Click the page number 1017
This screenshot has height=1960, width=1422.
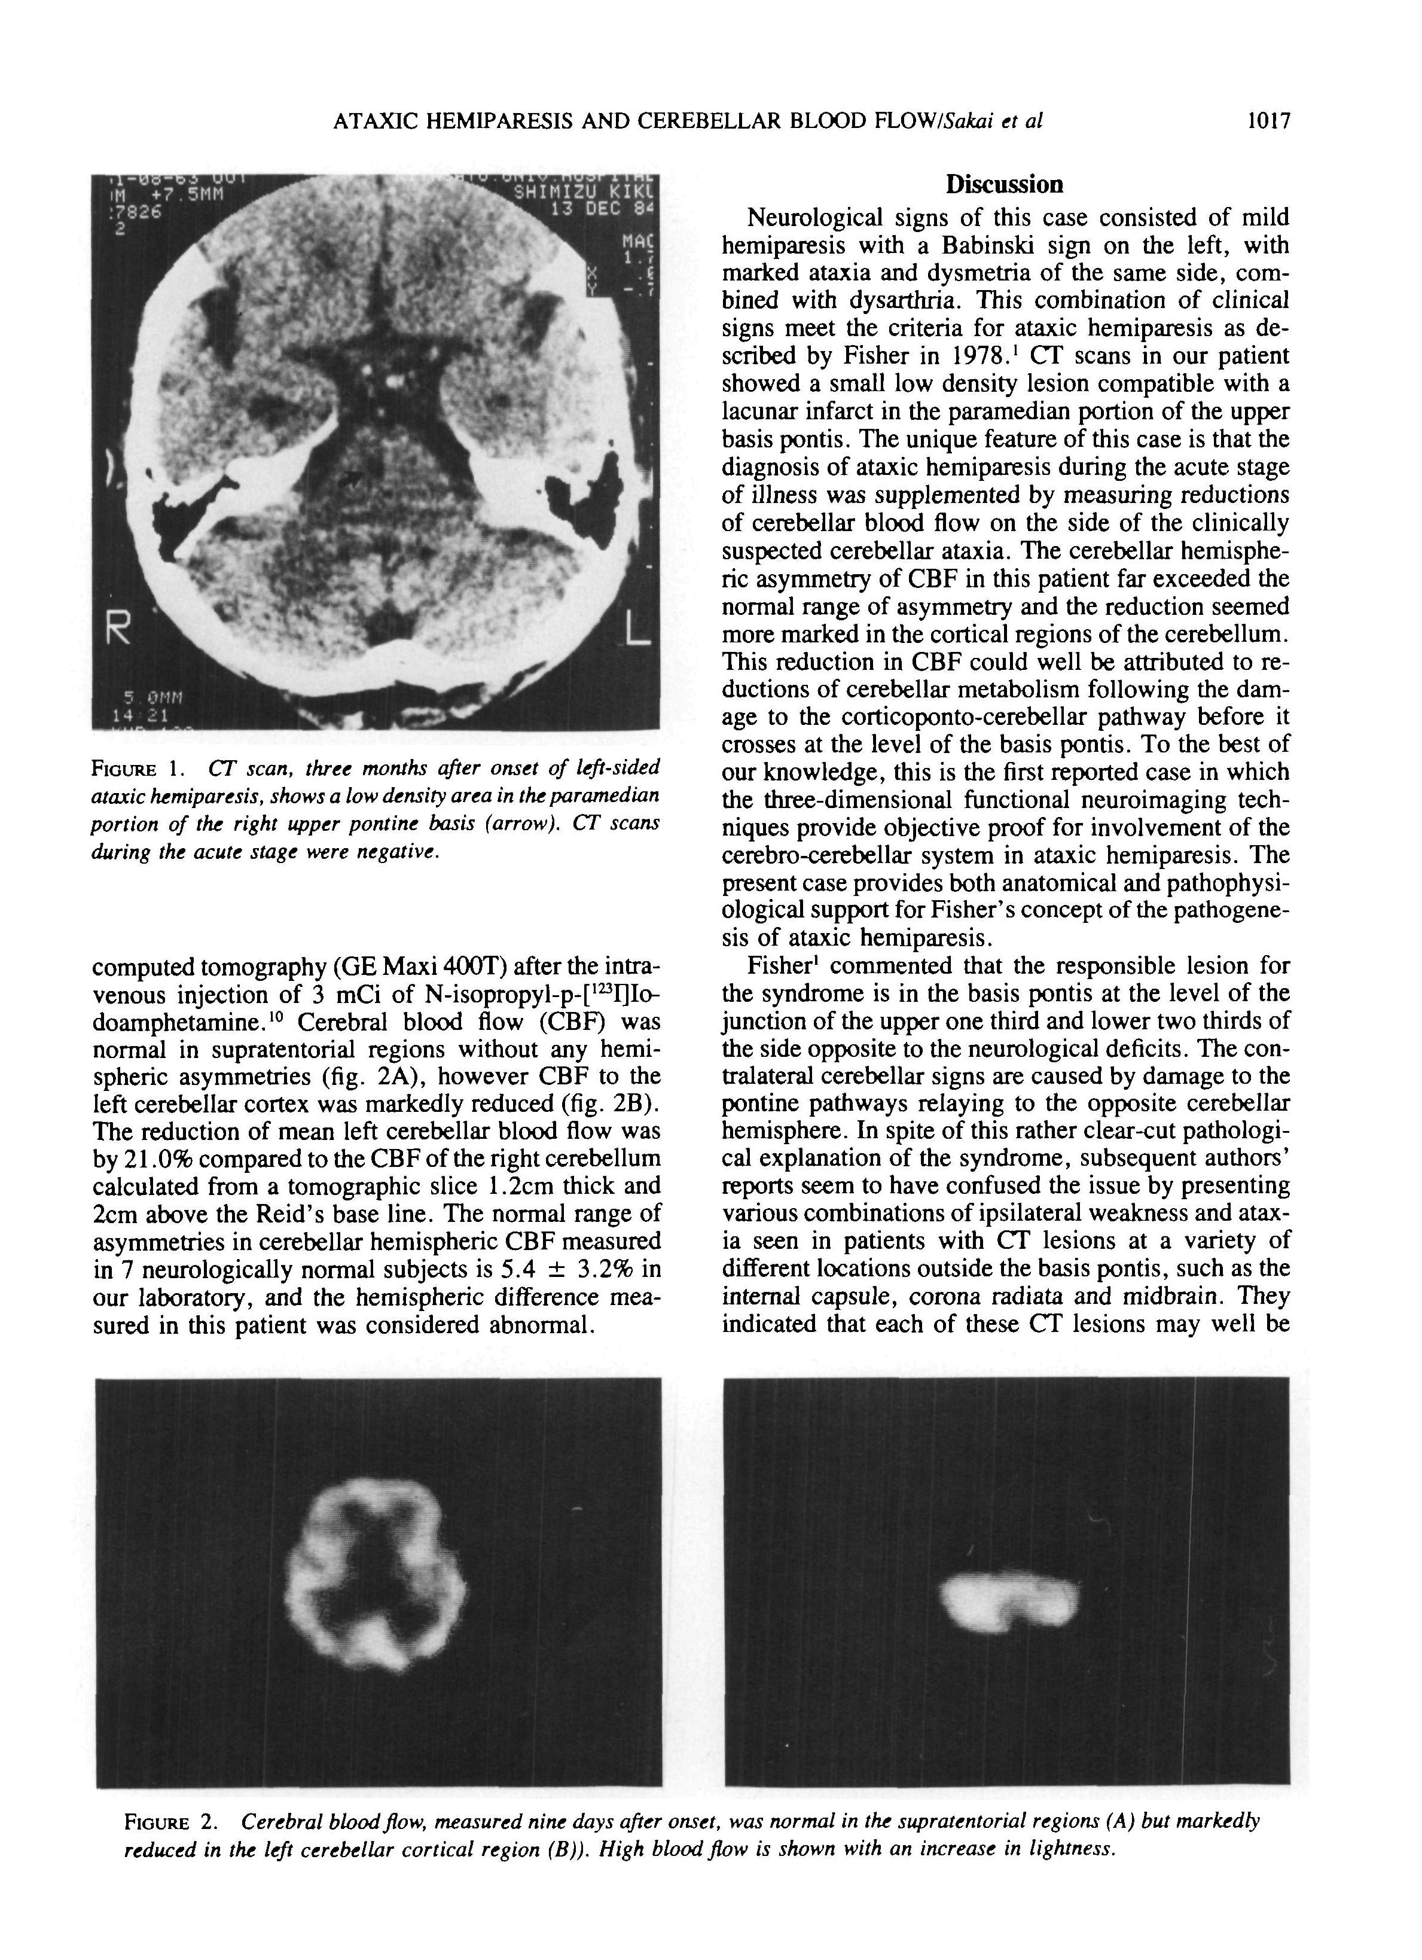1267,121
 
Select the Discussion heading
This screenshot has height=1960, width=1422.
1004,184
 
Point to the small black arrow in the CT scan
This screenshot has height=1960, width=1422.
350,477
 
